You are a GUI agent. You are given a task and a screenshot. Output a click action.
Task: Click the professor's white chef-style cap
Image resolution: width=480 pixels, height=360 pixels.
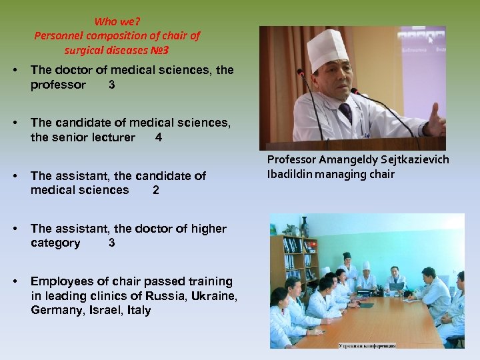click(327, 50)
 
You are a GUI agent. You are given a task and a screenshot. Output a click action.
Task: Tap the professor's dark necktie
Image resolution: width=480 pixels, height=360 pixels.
click(345, 113)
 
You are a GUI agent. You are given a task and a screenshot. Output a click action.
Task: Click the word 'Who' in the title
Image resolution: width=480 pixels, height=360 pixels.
click(105, 21)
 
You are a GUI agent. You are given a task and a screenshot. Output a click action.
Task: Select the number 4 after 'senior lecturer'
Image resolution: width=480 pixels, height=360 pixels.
click(158, 138)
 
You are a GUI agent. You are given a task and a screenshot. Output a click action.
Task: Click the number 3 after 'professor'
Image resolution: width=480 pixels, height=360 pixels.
click(111, 85)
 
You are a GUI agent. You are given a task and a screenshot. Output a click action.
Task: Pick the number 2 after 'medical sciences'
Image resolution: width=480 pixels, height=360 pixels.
click(155, 191)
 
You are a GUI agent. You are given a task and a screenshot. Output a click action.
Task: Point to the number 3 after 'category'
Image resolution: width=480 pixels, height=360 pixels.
click(111, 243)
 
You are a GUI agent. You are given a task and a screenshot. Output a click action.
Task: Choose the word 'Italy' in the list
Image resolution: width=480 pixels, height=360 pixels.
click(137, 311)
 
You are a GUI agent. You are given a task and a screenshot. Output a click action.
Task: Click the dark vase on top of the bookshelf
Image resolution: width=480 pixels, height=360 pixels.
click(304, 227)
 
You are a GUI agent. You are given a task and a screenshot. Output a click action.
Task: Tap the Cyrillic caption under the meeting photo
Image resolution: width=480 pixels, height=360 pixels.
click(367, 345)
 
